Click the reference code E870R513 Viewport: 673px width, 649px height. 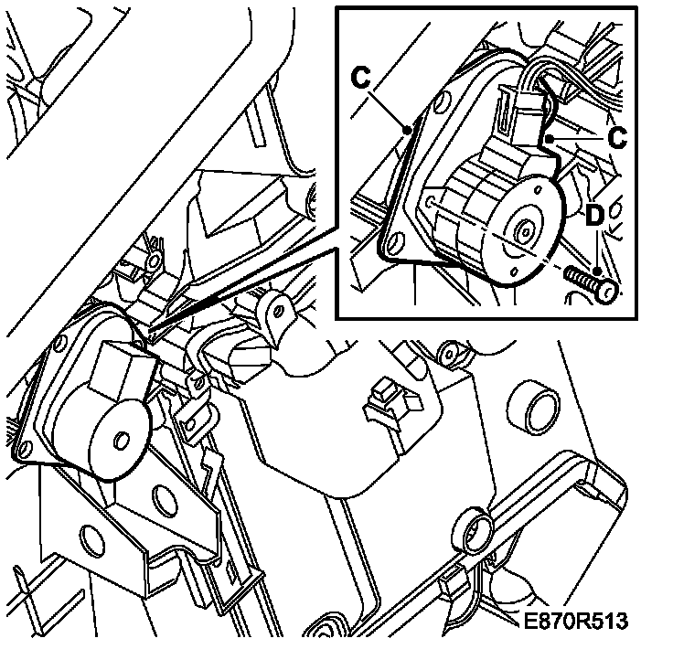(x=576, y=622)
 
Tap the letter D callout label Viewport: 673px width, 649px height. (x=594, y=218)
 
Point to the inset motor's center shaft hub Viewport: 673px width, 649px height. (x=526, y=231)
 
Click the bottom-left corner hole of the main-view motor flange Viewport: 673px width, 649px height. (x=23, y=448)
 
